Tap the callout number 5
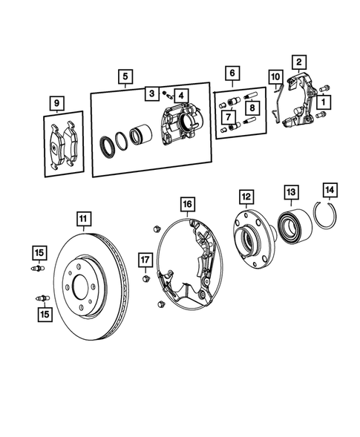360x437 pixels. click(125, 75)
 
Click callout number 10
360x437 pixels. click(275, 76)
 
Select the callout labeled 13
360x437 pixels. click(289, 192)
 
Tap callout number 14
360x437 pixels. click(330, 190)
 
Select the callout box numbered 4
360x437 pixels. click(181, 95)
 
